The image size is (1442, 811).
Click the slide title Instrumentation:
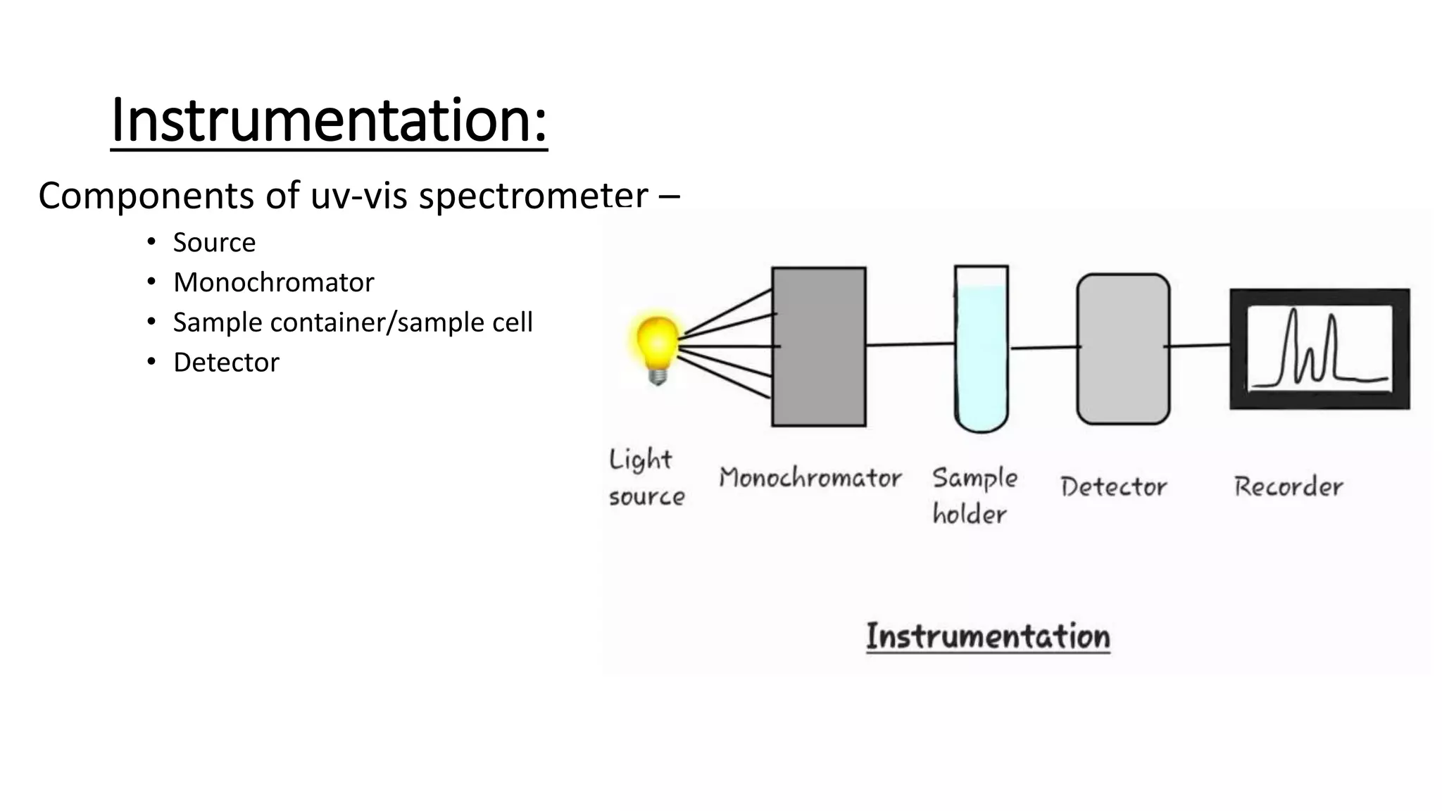coord(329,121)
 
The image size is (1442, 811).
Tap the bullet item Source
coord(214,243)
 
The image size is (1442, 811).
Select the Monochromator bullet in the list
coord(273,283)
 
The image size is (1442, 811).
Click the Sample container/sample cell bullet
coord(353,322)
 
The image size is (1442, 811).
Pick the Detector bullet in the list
coord(226,363)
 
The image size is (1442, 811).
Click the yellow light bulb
coord(657,341)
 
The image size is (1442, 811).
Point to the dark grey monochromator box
coord(819,346)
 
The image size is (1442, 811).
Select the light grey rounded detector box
coord(1123,349)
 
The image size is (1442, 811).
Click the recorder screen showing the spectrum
coord(1319,348)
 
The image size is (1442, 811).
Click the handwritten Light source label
coord(646,477)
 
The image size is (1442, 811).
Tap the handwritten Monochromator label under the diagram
coord(810,478)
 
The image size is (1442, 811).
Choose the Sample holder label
coord(974,496)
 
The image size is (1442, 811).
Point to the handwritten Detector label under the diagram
coord(1113,486)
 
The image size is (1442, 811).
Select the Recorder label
coord(1289,486)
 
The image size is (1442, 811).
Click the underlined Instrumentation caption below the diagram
coord(988,636)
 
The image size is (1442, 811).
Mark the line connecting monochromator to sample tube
coord(910,344)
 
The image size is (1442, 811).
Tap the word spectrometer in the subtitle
coord(533,196)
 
